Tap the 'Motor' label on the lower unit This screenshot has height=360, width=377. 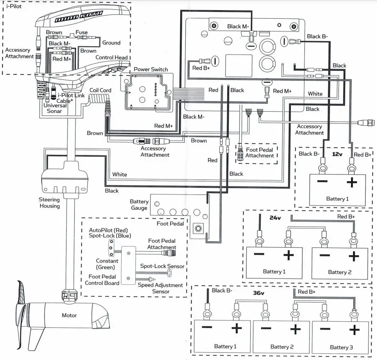(70, 315)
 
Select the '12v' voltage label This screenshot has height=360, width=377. (337, 155)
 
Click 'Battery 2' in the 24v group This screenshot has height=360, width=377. (339, 272)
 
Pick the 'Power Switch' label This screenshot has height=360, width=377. (151, 69)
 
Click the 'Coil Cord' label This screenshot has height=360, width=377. (100, 90)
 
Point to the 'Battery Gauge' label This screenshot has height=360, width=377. (139, 205)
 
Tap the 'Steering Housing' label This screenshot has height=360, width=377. (49, 202)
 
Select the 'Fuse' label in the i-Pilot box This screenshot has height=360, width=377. (82, 32)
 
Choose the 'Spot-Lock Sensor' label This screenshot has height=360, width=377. (162, 266)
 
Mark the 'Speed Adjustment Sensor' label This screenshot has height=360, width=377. (160, 288)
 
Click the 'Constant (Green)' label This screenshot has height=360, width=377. (107, 264)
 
